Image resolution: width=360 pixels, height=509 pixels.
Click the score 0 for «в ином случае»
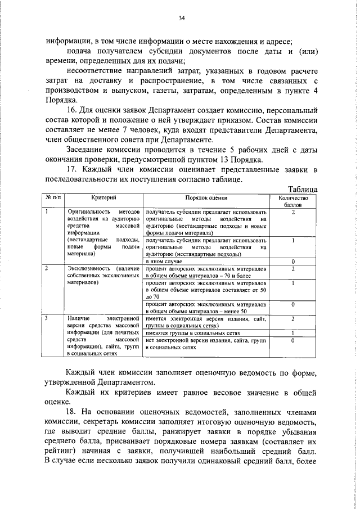tap(293, 262)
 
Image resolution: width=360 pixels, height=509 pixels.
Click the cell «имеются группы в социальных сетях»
tap(181, 333)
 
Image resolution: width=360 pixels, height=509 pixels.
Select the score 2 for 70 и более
tap(293, 269)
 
